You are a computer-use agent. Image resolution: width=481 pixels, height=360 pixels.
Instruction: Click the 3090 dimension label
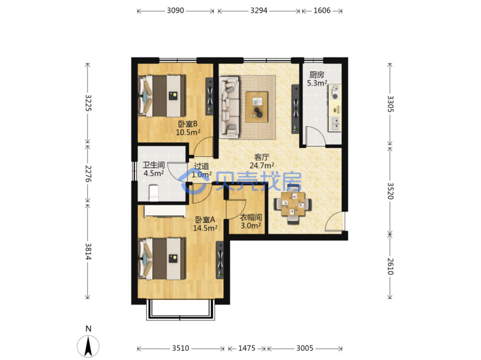(x=175, y=11)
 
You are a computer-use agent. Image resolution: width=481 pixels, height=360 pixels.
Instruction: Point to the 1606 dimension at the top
(x=322, y=11)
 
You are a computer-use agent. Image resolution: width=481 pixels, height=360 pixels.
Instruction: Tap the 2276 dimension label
(x=88, y=174)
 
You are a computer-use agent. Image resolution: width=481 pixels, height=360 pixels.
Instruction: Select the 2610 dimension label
(x=390, y=266)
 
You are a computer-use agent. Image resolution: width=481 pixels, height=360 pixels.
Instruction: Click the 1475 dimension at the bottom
(x=246, y=348)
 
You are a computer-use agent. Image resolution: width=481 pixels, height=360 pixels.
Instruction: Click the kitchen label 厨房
(x=317, y=75)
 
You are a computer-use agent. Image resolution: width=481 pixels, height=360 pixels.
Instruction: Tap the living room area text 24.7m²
(x=261, y=166)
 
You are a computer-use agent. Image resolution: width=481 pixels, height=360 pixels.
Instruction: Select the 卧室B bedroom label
(x=187, y=124)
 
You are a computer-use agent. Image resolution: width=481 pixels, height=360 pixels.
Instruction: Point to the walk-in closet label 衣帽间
(x=251, y=217)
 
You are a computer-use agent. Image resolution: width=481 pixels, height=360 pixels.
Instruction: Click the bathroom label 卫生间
(x=154, y=165)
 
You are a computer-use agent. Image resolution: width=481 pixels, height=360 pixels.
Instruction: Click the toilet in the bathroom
(x=153, y=193)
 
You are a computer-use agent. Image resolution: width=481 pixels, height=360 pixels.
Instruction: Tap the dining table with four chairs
(x=293, y=204)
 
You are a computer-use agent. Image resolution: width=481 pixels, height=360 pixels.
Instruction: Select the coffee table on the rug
(x=257, y=107)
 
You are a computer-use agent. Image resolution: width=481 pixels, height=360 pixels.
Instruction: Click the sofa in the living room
(x=229, y=107)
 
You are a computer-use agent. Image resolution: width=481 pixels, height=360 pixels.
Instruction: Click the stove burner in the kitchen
(x=335, y=96)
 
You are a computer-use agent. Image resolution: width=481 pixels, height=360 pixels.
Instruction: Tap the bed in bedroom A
(x=162, y=259)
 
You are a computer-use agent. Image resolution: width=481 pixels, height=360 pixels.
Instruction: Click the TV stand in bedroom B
(x=210, y=96)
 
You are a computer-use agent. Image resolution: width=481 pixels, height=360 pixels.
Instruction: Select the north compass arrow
(x=88, y=347)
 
